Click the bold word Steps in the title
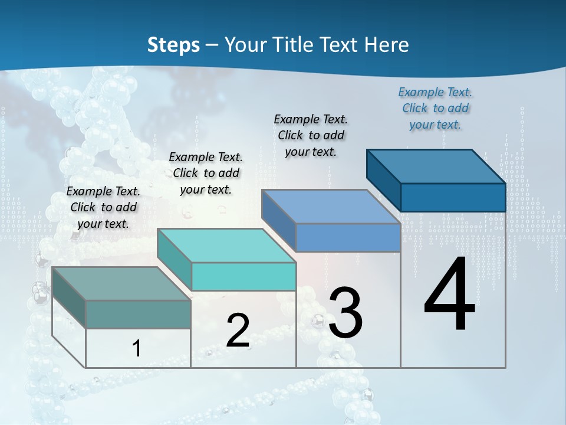[173, 45]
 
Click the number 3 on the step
[345, 313]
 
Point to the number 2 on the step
[238, 331]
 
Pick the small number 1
[137, 348]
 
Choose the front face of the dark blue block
[453, 197]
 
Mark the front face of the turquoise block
[243, 276]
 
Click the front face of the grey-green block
[138, 314]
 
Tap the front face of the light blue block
[348, 237]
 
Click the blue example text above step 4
[435, 108]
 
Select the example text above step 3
[311, 135]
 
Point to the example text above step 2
[206, 173]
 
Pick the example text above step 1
[103, 207]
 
